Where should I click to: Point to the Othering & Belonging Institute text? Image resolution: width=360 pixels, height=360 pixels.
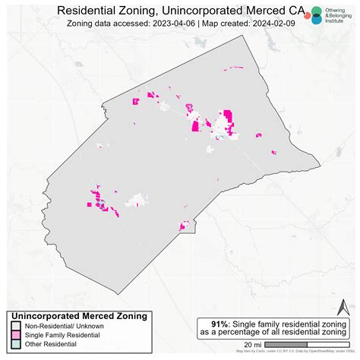click(338, 14)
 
